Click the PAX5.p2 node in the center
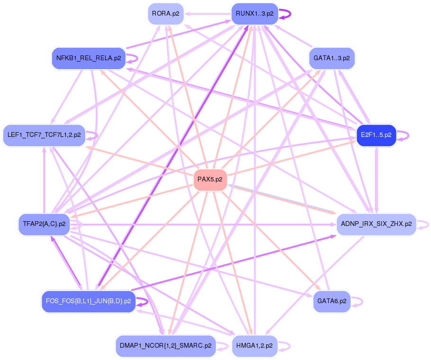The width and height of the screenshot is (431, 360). tap(210, 180)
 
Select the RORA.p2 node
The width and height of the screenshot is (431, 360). tap(165, 14)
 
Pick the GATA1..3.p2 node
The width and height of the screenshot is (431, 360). tap(332, 58)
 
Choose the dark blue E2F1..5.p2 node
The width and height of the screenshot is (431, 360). tap(376, 135)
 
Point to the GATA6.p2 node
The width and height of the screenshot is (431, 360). tap(332, 301)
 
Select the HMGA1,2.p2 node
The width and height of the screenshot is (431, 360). tap(254, 345)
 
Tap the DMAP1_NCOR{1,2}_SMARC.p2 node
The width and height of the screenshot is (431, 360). tap(165, 345)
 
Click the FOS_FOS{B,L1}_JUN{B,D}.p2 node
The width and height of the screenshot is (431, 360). tap(89, 301)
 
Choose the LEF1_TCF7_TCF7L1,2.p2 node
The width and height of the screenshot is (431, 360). tap(44, 135)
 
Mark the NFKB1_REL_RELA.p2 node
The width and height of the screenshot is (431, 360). tap(89, 58)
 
